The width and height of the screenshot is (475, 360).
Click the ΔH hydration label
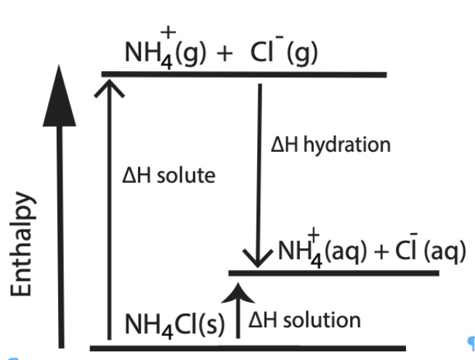point(330,144)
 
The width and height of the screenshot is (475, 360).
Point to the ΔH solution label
point(304,320)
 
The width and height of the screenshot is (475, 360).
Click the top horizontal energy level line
point(243,74)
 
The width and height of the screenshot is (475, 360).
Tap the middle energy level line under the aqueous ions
point(334,273)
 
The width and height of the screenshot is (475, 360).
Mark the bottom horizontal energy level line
point(247,348)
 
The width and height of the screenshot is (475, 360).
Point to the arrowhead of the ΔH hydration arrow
point(260,258)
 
